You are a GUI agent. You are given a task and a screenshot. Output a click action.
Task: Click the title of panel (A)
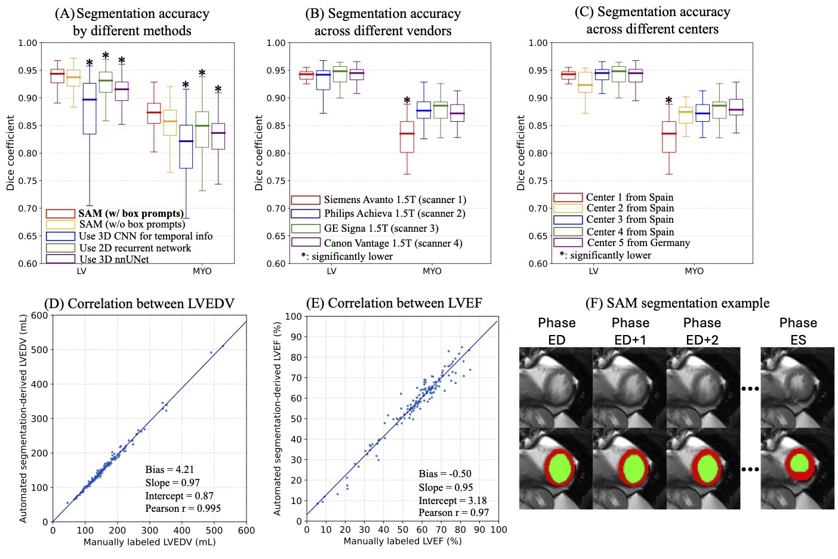click(x=132, y=22)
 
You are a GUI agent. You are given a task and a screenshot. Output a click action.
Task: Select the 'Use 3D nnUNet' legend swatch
click(x=60, y=259)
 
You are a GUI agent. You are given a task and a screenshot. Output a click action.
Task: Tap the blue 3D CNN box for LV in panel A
click(x=89, y=109)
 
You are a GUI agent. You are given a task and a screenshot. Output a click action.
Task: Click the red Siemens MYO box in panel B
click(x=407, y=137)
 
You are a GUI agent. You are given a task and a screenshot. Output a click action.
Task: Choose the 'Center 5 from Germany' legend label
click(x=638, y=242)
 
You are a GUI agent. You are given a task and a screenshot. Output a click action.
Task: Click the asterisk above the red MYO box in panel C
click(x=668, y=101)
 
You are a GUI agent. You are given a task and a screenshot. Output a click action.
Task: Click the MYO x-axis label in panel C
click(x=694, y=271)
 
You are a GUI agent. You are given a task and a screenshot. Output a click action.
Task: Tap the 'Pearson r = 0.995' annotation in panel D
click(x=183, y=508)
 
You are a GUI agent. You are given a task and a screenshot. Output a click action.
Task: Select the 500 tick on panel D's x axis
click(x=214, y=530)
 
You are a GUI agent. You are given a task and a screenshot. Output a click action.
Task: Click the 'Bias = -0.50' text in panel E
click(x=445, y=474)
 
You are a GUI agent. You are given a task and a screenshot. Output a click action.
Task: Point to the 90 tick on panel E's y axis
click(x=294, y=337)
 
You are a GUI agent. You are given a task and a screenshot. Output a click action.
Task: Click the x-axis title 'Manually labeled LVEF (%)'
click(x=402, y=541)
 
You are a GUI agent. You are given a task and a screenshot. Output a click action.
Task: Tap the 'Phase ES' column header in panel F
click(x=797, y=331)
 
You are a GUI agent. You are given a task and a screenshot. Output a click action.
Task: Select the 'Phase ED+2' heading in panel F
click(x=702, y=331)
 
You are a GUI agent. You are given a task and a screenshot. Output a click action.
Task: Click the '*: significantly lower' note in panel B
click(x=347, y=256)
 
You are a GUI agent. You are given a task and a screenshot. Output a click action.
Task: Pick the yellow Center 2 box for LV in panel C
click(x=586, y=82)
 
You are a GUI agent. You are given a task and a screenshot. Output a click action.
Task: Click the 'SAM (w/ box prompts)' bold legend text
click(x=131, y=213)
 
